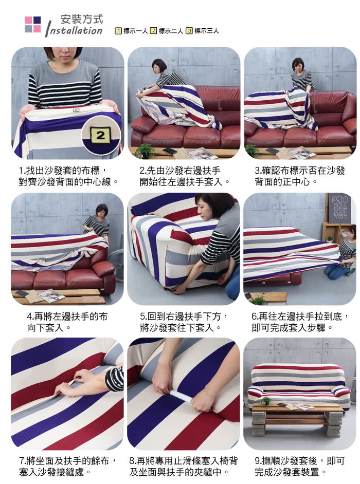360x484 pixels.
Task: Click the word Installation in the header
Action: click(x=74, y=30)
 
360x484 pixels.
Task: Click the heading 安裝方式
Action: click(x=82, y=19)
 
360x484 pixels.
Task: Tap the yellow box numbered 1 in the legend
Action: click(x=118, y=31)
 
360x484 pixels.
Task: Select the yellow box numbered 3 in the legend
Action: click(x=189, y=30)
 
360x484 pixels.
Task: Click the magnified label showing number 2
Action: click(x=100, y=135)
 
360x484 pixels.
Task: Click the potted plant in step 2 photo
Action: click(x=145, y=151)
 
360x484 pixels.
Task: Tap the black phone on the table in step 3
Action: click(x=272, y=151)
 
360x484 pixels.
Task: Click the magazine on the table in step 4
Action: click(x=51, y=295)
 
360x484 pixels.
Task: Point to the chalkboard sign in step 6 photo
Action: click(x=339, y=208)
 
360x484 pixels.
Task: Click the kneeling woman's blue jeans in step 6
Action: click(x=337, y=272)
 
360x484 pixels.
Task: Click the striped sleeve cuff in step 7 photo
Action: click(x=114, y=379)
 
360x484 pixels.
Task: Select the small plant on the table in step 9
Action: click(x=266, y=401)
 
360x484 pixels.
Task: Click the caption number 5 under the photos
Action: click(x=142, y=316)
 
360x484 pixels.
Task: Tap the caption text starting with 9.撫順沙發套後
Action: click(x=299, y=467)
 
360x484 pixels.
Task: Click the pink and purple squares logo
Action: click(x=32, y=24)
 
